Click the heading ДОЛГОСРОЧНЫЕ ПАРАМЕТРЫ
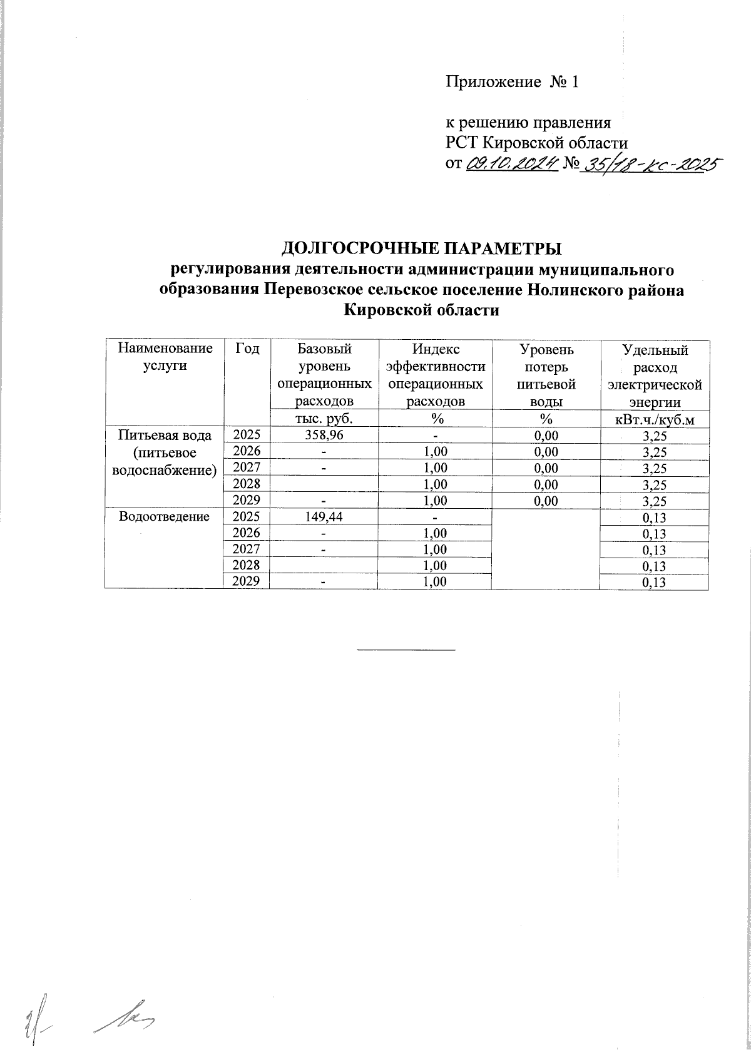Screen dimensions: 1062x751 (421, 248)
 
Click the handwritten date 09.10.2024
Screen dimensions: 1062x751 (512, 163)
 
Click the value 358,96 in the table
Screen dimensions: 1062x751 (323, 435)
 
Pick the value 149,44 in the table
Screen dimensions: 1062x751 (323, 517)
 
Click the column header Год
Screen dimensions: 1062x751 (247, 349)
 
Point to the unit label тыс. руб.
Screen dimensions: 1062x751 (323, 419)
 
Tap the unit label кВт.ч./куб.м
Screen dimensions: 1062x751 (655, 419)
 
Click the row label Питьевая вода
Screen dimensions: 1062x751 (164, 435)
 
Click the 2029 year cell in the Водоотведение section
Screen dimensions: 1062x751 (247, 581)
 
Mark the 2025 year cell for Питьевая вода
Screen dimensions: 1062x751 (247, 435)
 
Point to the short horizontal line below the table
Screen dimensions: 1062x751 (406, 650)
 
